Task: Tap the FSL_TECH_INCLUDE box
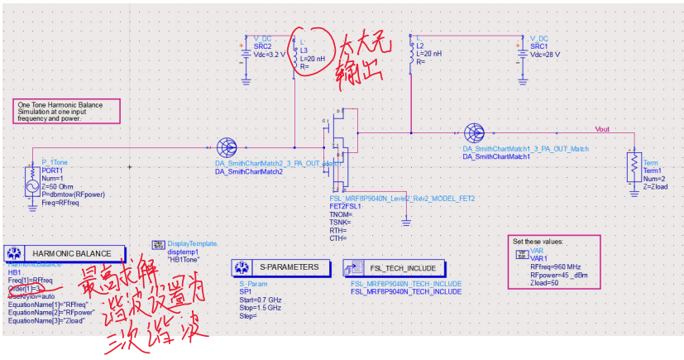click(x=396, y=268)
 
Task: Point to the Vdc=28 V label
click(x=544, y=54)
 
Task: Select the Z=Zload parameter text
click(x=656, y=186)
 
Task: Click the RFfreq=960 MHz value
click(x=558, y=267)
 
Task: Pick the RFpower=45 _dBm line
click(x=560, y=275)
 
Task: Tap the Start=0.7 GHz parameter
click(x=261, y=299)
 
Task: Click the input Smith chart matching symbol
click(x=226, y=148)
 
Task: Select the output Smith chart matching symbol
click(x=473, y=132)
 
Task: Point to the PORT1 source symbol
click(x=32, y=181)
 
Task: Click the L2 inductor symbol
click(x=410, y=53)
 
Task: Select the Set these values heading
click(x=538, y=241)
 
